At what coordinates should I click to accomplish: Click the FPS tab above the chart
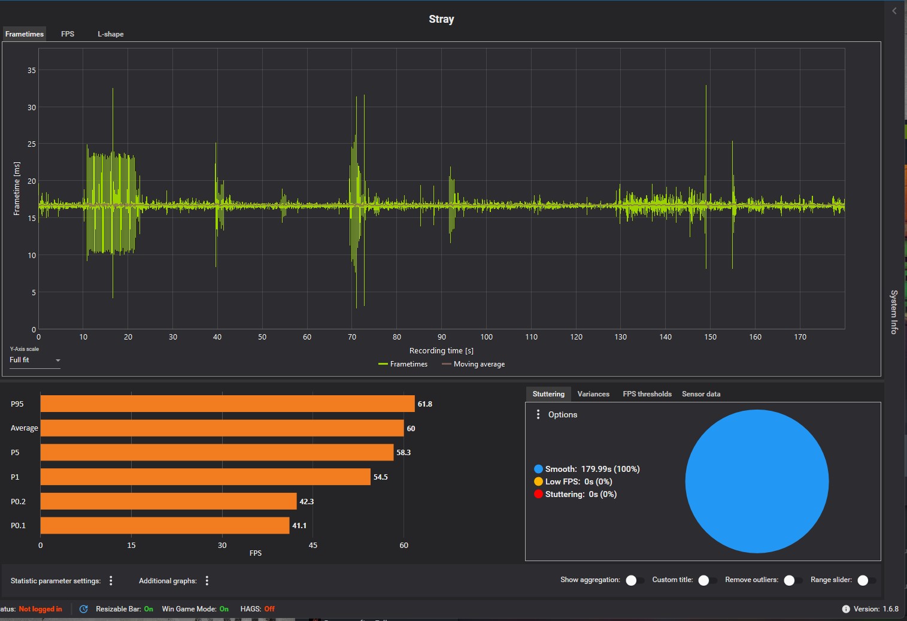[68, 34]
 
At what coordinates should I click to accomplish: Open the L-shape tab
[111, 34]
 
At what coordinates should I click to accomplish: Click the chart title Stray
[441, 19]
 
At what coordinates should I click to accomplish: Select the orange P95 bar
[227, 404]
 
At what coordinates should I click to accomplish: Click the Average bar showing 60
[222, 428]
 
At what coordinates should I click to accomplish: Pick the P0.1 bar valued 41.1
[165, 526]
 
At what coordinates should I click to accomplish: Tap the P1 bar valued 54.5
[205, 477]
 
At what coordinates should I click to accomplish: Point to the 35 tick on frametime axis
[32, 71]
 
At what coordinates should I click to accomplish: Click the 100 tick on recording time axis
[487, 337]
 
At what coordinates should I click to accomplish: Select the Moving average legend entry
[474, 364]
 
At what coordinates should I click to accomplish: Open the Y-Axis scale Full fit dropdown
[35, 360]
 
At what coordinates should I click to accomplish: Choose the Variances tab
[593, 394]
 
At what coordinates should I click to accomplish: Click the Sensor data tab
[701, 394]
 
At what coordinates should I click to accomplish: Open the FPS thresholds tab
[647, 394]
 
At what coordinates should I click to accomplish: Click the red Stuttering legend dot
[538, 494]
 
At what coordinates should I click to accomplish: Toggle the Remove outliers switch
[793, 580]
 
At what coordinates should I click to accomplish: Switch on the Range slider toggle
[866, 580]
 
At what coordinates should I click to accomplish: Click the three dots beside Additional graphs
[207, 581]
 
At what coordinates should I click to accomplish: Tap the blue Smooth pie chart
[757, 481]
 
